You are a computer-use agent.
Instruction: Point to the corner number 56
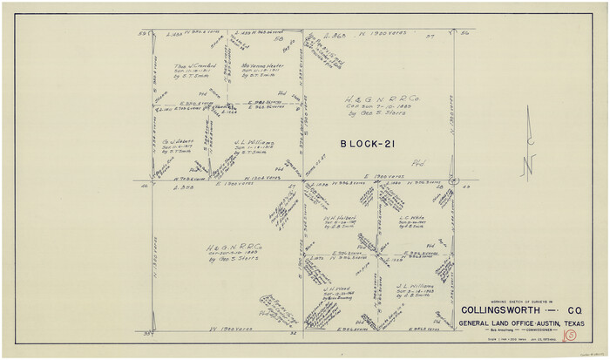pos(465,33)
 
